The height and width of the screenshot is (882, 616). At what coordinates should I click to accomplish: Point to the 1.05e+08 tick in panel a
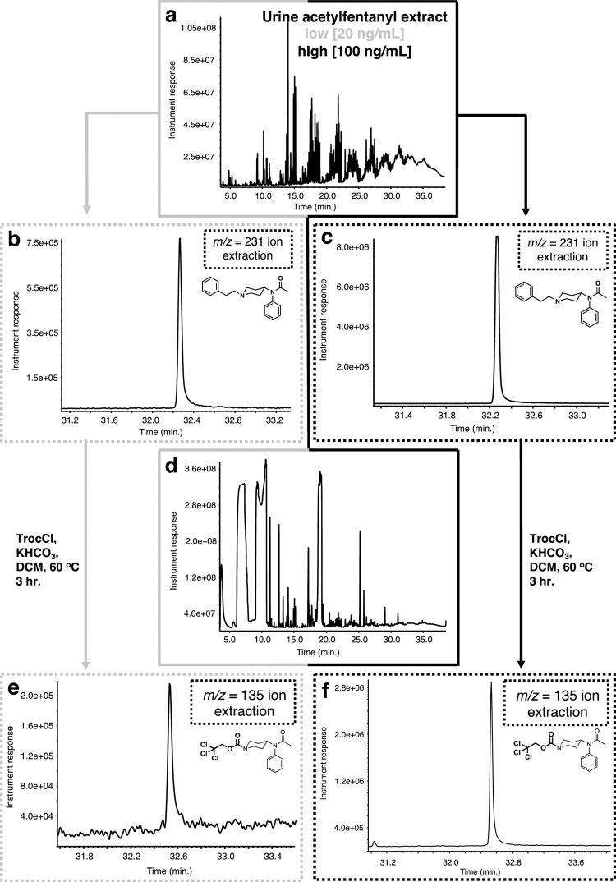(x=197, y=29)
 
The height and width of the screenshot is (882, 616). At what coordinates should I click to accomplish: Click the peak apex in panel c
(x=497, y=238)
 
